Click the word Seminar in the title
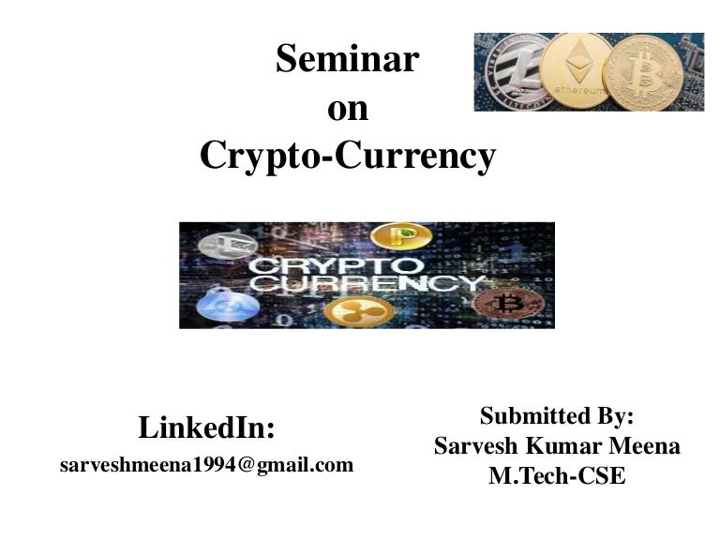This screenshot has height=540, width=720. [x=347, y=61]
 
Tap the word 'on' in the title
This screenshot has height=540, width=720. [x=348, y=109]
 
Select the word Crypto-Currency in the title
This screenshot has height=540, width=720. [x=348, y=156]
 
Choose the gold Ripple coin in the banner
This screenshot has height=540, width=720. [x=352, y=310]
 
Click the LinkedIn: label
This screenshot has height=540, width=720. [x=207, y=428]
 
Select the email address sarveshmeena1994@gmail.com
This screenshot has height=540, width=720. [x=207, y=465]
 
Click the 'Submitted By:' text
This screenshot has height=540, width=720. [x=557, y=416]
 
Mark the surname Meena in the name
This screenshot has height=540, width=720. [x=643, y=446]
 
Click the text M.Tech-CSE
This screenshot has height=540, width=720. [x=557, y=476]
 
